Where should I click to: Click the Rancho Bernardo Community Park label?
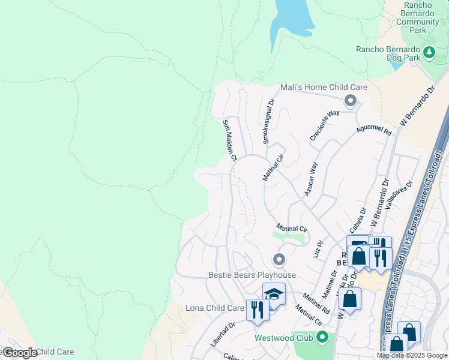tap(418, 17)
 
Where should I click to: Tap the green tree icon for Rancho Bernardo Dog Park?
tap(429, 53)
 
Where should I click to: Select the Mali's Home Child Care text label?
tap(324, 87)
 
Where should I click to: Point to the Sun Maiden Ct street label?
tap(231, 140)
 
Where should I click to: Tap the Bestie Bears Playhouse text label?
tap(252, 275)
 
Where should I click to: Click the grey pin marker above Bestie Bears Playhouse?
tap(278, 260)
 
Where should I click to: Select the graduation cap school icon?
tap(274, 295)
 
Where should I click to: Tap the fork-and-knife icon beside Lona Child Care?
tap(257, 310)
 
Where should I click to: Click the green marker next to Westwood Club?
tap(322, 338)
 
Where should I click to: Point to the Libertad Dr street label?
tap(223, 329)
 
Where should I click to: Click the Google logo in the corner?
tap(19, 353)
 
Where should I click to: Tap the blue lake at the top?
tap(291, 18)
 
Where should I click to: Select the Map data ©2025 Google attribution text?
tap(411, 355)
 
